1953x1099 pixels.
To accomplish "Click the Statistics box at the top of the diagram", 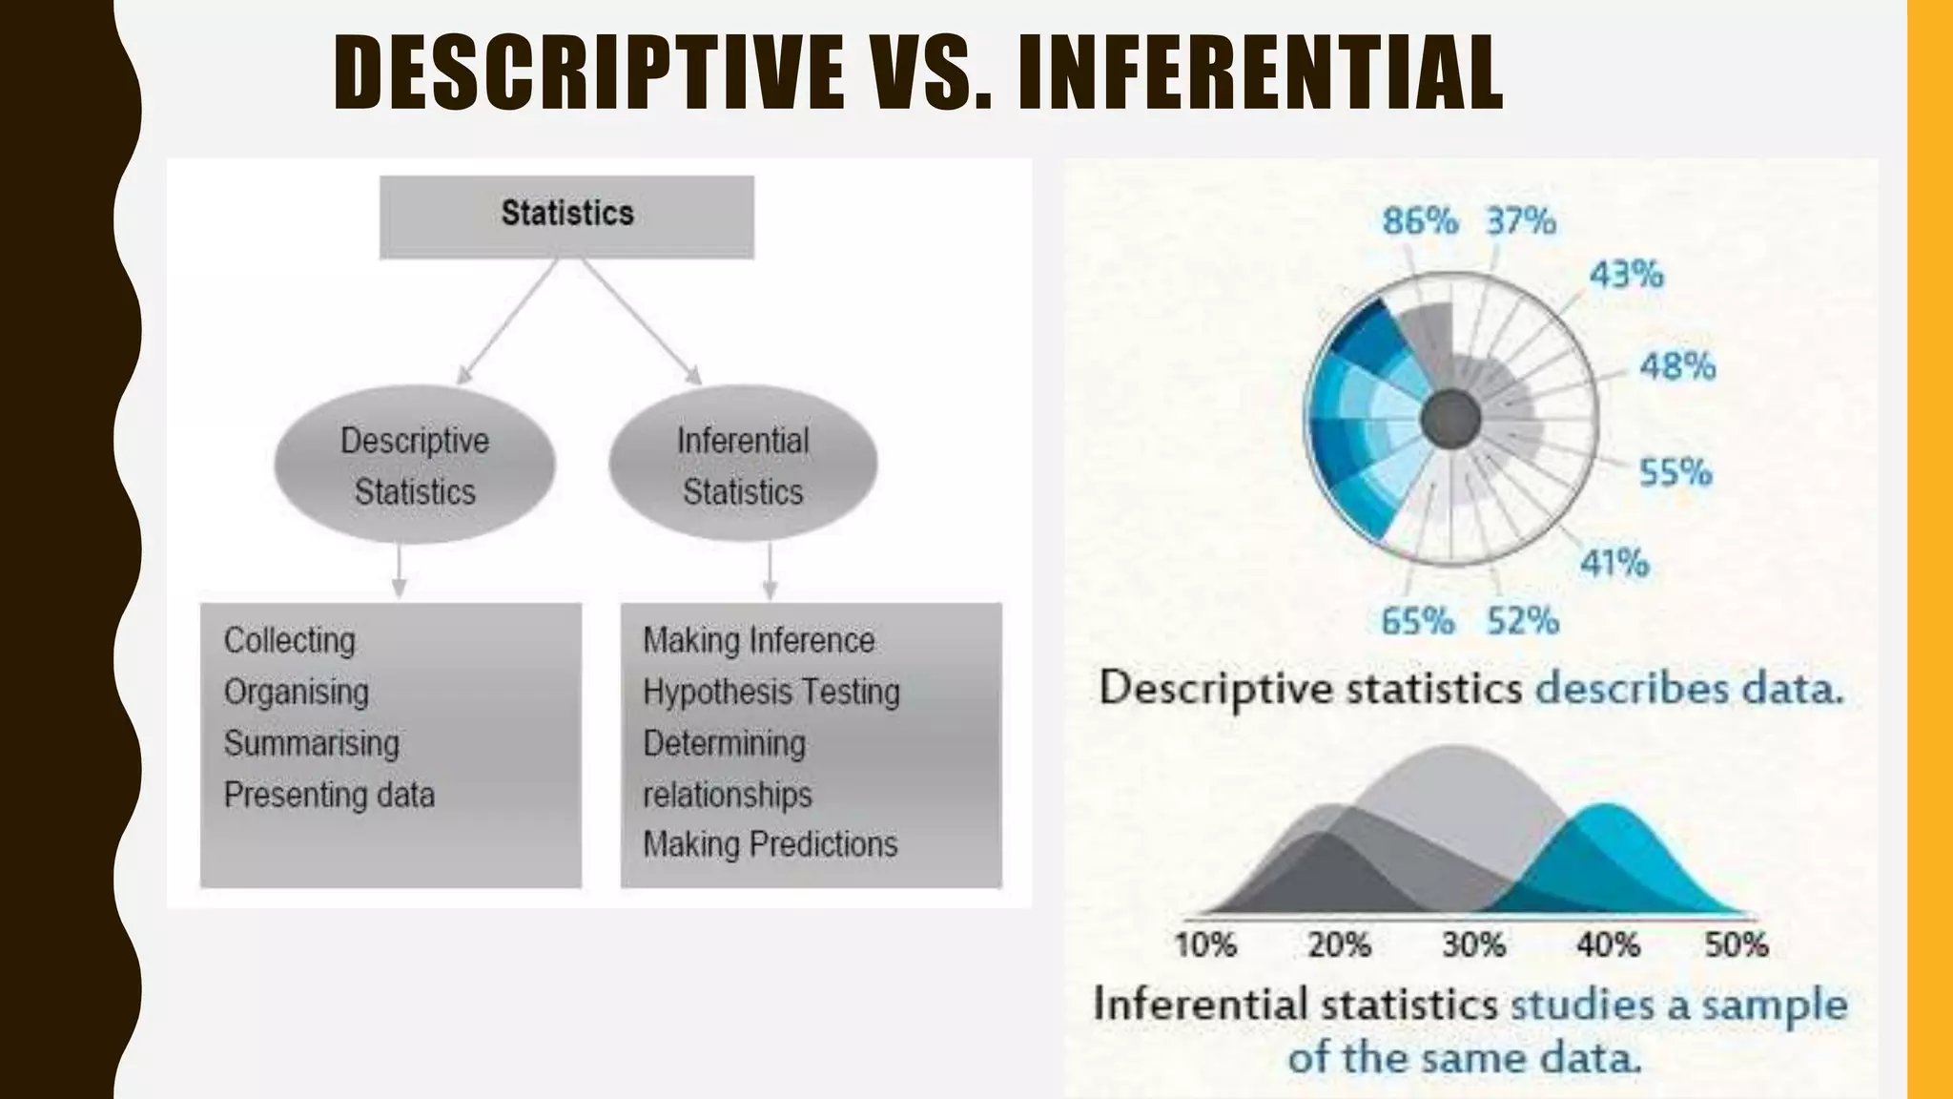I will [566, 216].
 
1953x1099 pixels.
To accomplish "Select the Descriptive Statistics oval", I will [415, 466].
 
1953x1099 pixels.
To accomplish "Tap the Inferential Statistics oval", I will [743, 466].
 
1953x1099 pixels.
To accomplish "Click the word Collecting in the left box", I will [289, 640].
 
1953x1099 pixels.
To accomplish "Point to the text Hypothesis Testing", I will [771, 692].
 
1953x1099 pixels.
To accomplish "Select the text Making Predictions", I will [770, 844].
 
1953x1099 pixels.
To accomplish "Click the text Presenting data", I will [329, 795].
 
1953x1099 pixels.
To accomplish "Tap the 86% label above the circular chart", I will [1420, 221].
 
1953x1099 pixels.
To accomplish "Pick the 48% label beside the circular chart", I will [1677, 365].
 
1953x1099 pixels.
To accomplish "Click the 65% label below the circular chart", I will [1417, 621].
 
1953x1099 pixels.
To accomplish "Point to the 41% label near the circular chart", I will [1614, 563].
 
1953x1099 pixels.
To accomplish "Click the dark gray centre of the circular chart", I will [1450, 420].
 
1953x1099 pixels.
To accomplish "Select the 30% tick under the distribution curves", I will [1473, 944].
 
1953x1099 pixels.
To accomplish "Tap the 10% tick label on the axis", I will [1205, 944].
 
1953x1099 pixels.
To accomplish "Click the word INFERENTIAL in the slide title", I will [1260, 73].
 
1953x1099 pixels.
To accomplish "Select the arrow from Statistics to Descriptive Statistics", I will [507, 322].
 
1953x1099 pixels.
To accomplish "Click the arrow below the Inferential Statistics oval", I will [771, 571].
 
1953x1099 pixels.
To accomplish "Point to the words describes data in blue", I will [1688, 689].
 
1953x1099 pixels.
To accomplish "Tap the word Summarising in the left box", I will [311, 743].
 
